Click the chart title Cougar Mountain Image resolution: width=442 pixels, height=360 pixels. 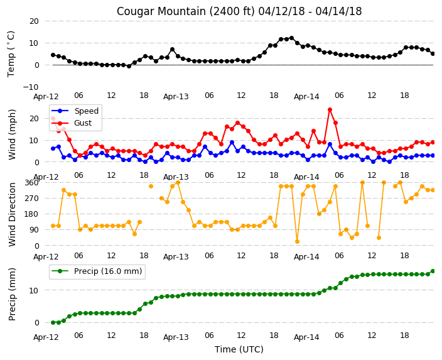tap(158, 11)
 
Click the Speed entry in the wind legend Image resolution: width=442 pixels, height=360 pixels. tap(86, 111)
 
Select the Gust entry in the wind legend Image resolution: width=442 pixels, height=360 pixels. tap(83, 123)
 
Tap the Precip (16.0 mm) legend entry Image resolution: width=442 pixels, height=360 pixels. tap(108, 271)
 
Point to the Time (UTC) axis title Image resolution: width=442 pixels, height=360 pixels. tap(239, 349)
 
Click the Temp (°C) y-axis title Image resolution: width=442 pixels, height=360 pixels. tap(11, 54)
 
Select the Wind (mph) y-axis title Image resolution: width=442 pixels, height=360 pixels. tap(12, 135)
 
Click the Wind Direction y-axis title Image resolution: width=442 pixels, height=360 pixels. tap(12, 215)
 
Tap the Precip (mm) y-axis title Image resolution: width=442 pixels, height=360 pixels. tap(12, 294)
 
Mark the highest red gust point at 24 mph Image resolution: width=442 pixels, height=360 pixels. tap(330, 109)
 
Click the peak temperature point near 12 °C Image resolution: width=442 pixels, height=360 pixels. tap(292, 38)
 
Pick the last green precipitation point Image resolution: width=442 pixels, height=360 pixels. tap(433, 271)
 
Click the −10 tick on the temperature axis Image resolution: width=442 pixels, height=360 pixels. tap(31, 87)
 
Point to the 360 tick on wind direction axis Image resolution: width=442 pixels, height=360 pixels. tap(31, 183)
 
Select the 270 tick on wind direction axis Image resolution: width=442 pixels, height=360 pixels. tap(31, 199)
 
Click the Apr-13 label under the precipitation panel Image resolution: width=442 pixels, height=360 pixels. tap(176, 337)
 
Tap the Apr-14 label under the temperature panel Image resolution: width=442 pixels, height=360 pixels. tap(306, 97)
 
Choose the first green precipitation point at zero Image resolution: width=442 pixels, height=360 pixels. tap(53, 322)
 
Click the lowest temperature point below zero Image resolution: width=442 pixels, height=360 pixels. tap(129, 67)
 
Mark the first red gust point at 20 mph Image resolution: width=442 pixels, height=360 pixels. tap(53, 119)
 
